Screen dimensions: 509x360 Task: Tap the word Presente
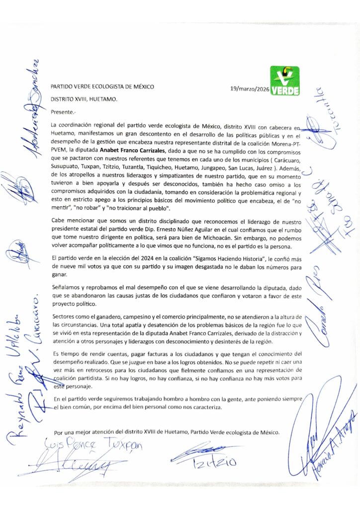point(64,112)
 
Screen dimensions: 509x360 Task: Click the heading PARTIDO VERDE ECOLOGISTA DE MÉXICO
point(102,86)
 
